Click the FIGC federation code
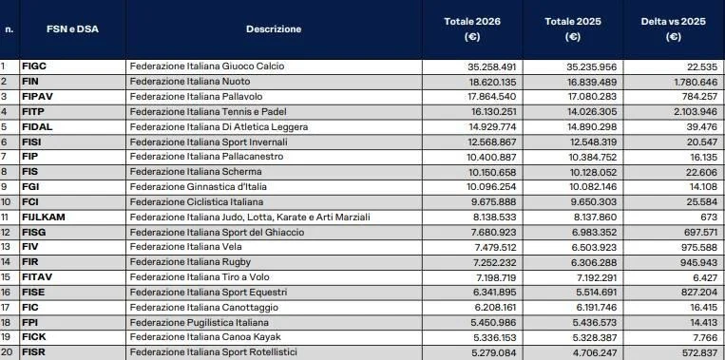pos(34,66)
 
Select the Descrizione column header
pos(274,29)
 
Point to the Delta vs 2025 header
pos(673,29)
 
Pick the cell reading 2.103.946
pos(689,111)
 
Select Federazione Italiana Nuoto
pos(185,82)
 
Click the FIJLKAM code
pos(42,217)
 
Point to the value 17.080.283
pos(593,96)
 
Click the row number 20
pos(7,351)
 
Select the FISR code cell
pos(33,351)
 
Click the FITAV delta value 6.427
pos(701,276)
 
